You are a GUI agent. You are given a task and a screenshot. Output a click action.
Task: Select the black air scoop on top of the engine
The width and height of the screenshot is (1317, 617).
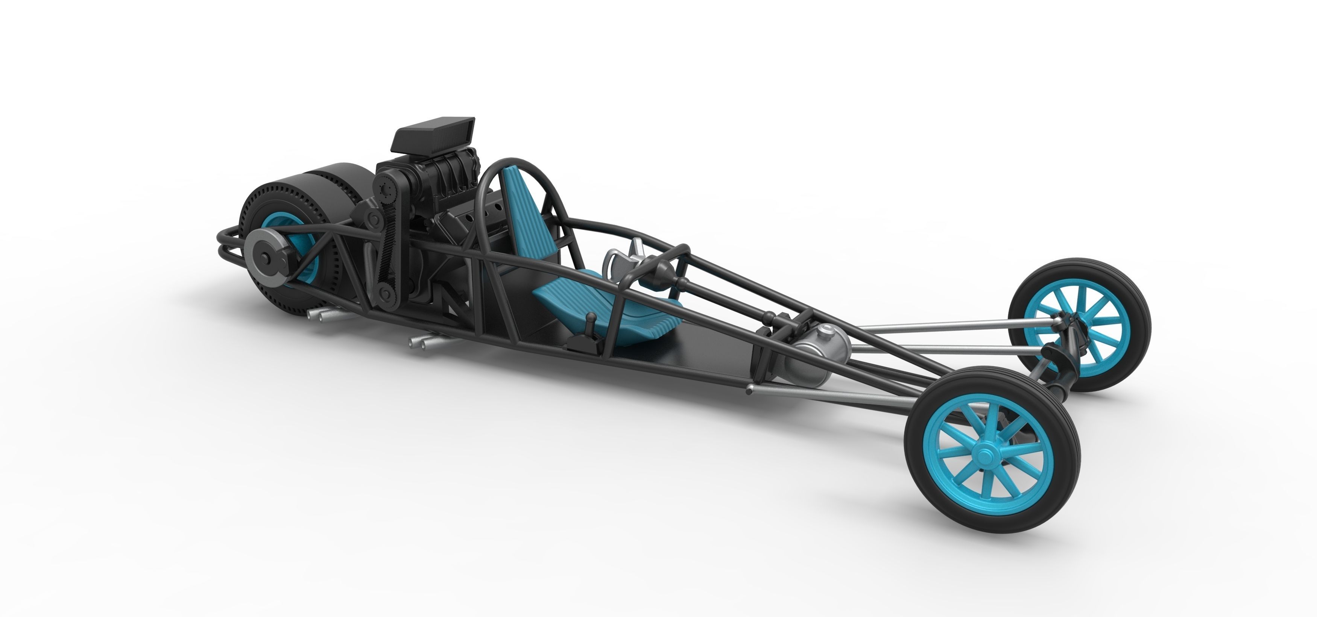(434, 134)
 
